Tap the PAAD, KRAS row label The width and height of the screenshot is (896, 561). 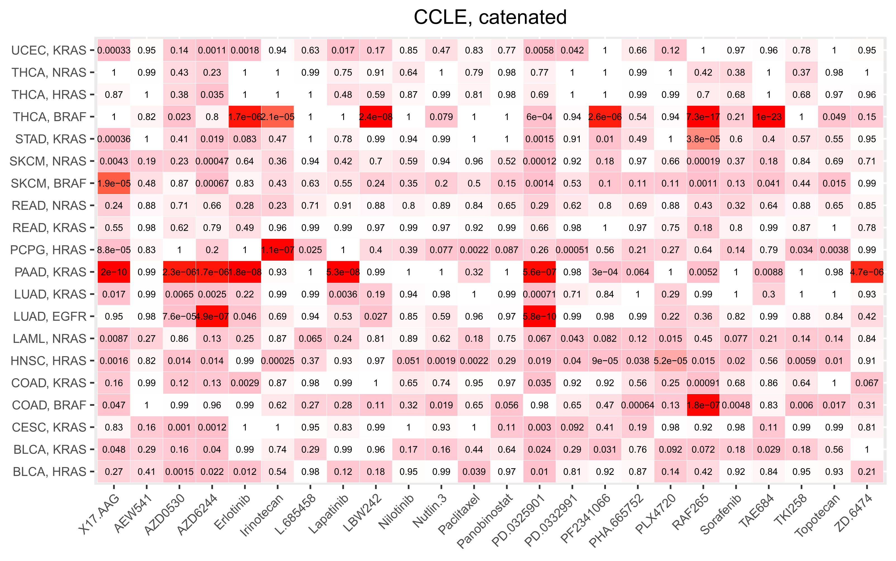(x=50, y=272)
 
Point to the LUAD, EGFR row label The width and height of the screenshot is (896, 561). (x=50, y=317)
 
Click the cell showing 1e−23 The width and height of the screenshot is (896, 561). (x=769, y=117)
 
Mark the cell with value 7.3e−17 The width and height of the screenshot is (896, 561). (x=703, y=117)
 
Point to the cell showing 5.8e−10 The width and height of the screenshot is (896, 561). (x=539, y=317)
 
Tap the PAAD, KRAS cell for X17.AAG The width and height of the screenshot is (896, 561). (x=114, y=272)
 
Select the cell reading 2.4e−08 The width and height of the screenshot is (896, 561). (x=376, y=117)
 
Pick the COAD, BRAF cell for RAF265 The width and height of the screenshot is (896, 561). (x=703, y=405)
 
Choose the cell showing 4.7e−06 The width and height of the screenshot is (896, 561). (x=867, y=272)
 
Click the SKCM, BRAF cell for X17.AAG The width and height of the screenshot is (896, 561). (x=114, y=183)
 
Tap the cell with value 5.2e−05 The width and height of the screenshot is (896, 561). (x=670, y=361)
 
